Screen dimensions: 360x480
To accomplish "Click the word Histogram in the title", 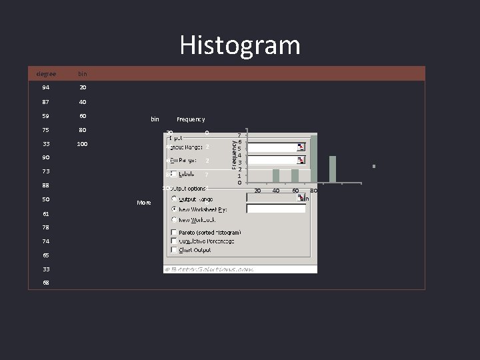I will [x=240, y=45].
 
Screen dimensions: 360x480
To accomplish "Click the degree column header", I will [x=46, y=73].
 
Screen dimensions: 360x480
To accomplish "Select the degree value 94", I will [x=46, y=87].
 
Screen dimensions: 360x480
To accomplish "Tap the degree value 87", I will [x=46, y=102].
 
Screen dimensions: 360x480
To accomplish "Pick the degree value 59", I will [x=46, y=116].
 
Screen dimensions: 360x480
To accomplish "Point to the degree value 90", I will [x=46, y=157].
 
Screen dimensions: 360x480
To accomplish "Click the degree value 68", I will [x=46, y=283].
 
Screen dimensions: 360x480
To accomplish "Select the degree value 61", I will [x=46, y=213].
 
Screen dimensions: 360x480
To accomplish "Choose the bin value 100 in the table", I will [x=83, y=144].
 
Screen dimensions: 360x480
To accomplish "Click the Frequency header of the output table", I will [x=191, y=119].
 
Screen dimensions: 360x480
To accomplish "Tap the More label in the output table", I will [x=144, y=202].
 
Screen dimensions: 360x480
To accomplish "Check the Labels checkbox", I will [x=173, y=174].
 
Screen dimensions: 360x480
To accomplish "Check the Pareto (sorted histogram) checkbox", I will [x=174, y=232].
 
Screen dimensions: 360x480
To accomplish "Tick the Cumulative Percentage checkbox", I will [x=174, y=241].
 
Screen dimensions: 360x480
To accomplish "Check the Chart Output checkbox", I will [x=174, y=250].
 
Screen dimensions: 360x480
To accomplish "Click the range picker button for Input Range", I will [x=301, y=147].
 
